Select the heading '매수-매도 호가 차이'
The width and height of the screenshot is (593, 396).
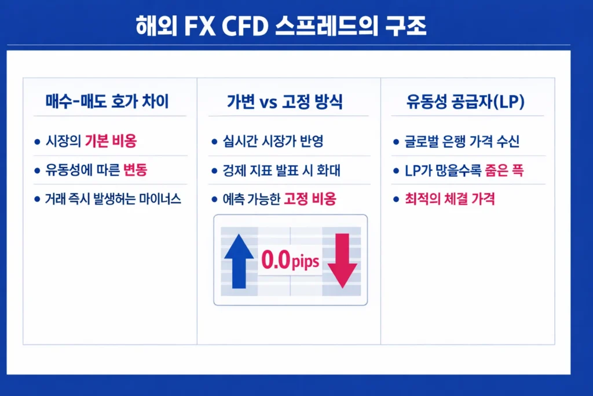(107, 103)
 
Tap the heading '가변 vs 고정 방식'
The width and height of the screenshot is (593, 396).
(284, 103)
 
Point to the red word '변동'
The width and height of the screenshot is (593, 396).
(136, 170)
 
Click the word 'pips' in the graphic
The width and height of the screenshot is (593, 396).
(305, 261)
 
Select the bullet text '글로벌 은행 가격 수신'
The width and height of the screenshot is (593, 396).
(463, 141)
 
